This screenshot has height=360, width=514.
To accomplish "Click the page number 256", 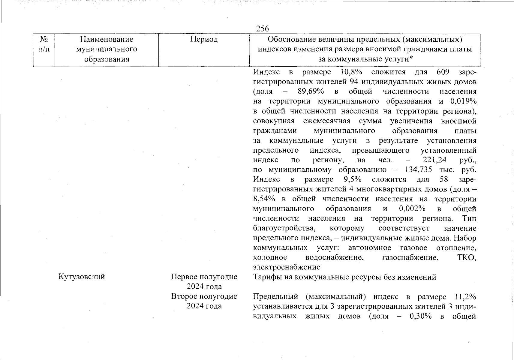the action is [x=263, y=28].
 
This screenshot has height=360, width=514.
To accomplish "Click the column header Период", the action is [x=204, y=39].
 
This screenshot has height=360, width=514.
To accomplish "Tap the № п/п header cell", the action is [x=44, y=44].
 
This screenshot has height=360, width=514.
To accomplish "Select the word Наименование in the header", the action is [x=107, y=39].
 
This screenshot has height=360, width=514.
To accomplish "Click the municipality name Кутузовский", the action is [x=82, y=276].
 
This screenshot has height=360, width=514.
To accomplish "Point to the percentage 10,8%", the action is [x=351, y=72].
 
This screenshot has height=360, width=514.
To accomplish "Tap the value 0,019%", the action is [x=463, y=101].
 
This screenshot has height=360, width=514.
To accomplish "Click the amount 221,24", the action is [x=434, y=160].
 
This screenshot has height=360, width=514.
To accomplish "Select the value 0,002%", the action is [x=412, y=208].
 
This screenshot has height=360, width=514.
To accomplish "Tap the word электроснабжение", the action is [x=287, y=267].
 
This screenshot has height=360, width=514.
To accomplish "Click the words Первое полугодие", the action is [x=204, y=276].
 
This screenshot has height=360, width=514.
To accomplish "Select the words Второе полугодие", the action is [x=204, y=296].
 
